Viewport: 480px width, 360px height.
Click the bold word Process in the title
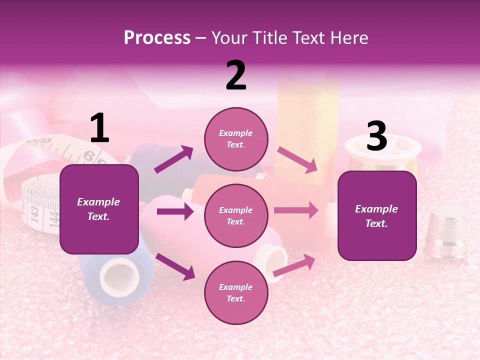coord(157,38)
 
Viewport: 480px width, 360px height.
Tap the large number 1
coord(99,128)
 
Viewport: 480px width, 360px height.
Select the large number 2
coord(236,76)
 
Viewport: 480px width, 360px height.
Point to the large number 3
coord(376,136)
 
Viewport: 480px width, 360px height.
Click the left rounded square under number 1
coord(99,209)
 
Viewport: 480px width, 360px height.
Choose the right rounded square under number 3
coord(377,216)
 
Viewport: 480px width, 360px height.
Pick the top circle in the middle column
coord(236,139)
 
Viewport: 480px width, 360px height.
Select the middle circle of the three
coord(236,216)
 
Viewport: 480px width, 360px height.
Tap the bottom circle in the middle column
coord(236,293)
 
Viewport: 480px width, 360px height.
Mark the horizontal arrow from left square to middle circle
coord(175,211)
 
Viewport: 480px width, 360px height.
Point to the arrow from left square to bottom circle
coord(175,266)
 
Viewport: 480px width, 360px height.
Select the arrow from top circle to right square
coord(297,160)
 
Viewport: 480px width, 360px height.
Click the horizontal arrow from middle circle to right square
coord(296,210)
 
